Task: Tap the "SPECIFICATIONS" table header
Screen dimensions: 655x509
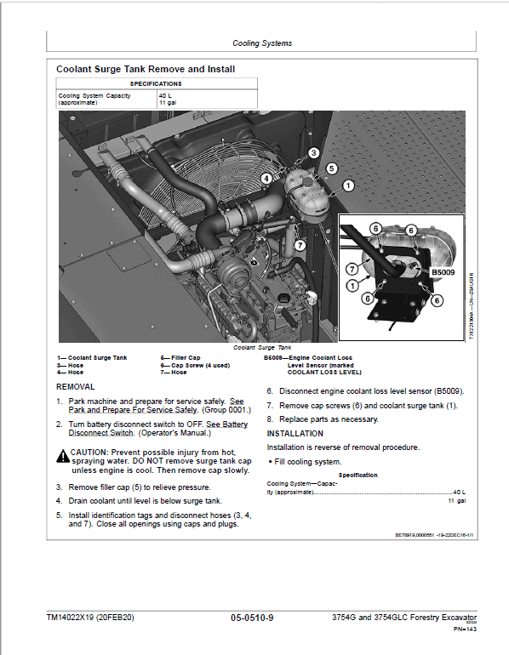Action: tap(156, 84)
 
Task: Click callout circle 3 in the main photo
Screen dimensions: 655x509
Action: tap(313, 153)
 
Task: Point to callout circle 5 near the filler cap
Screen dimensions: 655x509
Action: tap(332, 168)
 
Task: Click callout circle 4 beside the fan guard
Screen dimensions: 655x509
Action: tap(266, 179)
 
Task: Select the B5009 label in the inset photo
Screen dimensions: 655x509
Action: tap(444, 273)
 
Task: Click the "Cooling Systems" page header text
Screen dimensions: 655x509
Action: tap(262, 43)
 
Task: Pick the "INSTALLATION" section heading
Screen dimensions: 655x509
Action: tap(295, 433)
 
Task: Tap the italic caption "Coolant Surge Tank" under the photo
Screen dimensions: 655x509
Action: tap(260, 347)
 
